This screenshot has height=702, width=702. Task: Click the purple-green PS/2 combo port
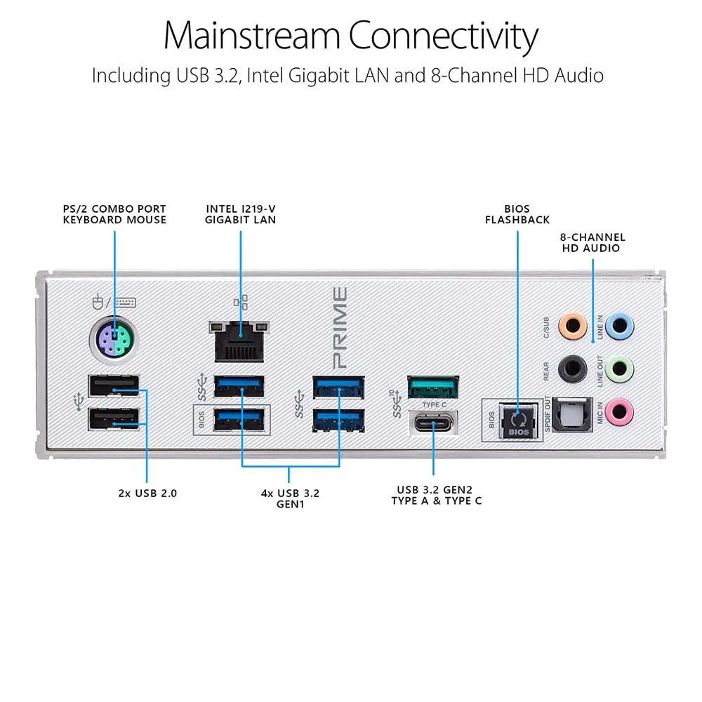115,342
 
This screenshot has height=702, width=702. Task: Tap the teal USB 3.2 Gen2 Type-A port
433,387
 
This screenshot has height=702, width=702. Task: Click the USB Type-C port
433,425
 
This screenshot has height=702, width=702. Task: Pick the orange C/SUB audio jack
572,326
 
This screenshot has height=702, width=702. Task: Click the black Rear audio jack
572,367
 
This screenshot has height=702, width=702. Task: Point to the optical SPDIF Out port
572,413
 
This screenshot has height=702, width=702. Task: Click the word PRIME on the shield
340,328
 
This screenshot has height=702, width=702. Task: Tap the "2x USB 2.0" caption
147,493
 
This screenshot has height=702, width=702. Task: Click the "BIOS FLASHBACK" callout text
517,214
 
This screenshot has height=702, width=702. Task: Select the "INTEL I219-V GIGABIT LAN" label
241,214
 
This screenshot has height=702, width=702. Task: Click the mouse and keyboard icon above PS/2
114,303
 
